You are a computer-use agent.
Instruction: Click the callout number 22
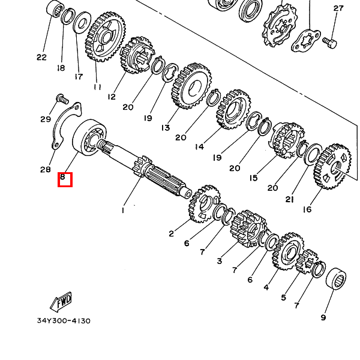41,57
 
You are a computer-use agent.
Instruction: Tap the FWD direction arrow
61,301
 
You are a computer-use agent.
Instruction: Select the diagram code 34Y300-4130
64,320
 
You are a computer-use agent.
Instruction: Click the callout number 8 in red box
62,177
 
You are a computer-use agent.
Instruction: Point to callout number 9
323,317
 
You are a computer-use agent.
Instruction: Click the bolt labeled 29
62,99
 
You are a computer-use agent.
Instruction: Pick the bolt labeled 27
330,43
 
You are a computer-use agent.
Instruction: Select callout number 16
307,209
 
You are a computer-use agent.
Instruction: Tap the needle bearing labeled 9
336,278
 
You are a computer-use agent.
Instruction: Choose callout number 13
166,128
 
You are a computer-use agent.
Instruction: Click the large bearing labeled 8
89,138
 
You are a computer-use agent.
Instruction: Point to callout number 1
123,210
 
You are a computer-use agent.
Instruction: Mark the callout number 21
290,200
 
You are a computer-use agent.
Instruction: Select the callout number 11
97,87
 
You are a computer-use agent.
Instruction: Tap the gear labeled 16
332,166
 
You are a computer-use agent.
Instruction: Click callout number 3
220,261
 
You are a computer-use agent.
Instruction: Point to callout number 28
45,170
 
